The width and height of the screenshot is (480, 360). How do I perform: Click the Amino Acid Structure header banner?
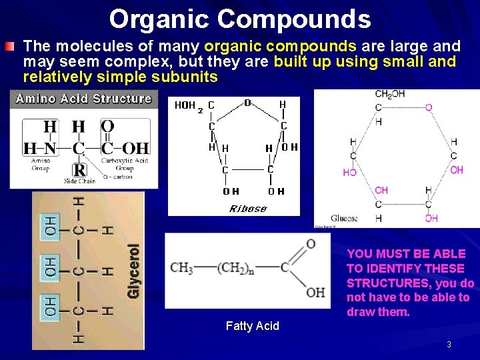[x=84, y=99]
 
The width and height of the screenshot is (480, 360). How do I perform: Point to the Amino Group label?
[x=41, y=165]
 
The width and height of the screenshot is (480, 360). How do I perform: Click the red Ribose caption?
[x=248, y=209]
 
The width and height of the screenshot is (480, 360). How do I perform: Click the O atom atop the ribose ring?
[x=247, y=103]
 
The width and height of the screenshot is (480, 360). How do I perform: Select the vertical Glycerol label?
[x=134, y=271]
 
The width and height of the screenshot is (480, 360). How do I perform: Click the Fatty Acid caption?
[x=253, y=326]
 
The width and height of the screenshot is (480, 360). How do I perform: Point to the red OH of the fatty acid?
[x=315, y=292]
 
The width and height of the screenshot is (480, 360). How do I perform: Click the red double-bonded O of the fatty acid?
[x=311, y=244]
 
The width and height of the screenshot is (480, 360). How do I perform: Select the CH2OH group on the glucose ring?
[x=389, y=94]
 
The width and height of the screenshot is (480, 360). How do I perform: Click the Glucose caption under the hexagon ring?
[x=345, y=218]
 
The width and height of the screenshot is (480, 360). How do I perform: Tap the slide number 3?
[x=449, y=344]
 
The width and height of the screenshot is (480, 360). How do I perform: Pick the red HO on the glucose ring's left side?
[x=349, y=172]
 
